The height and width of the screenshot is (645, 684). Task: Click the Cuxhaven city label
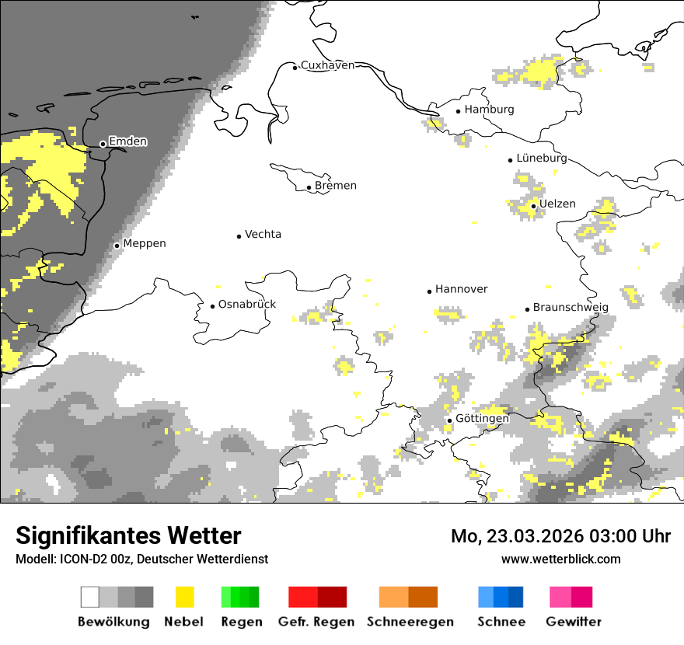327,65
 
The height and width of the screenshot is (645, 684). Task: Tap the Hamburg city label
489,110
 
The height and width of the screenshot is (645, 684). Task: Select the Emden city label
127,141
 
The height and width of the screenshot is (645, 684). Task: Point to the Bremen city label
336,186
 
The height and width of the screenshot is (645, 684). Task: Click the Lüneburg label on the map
541,158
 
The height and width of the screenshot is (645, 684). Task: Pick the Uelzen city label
557,204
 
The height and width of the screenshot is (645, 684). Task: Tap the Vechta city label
263,234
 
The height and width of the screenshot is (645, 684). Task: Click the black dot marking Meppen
117,246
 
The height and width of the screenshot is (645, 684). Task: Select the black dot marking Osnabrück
212,306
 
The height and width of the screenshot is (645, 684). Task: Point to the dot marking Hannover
429,291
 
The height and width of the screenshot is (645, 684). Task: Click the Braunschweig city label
571,307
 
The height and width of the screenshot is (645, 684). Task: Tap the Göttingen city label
482,419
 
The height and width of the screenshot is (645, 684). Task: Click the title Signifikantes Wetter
128,536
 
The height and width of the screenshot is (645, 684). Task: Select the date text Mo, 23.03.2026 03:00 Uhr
560,536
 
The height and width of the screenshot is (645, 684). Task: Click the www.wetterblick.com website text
560,559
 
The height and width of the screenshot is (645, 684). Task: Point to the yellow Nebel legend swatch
184,597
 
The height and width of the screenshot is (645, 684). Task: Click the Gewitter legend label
574,622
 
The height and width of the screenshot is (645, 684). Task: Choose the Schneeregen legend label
410,622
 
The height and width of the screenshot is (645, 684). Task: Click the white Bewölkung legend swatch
90,597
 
